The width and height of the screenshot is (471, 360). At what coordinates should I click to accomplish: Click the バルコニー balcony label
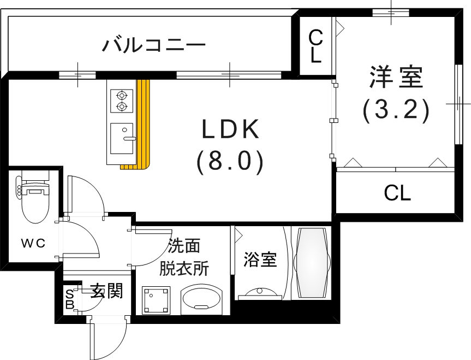click(x=154, y=44)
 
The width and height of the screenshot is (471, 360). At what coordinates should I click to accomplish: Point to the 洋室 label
click(x=396, y=77)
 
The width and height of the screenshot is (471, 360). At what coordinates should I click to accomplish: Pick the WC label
click(x=33, y=244)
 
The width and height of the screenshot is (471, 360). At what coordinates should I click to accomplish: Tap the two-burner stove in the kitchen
click(x=121, y=100)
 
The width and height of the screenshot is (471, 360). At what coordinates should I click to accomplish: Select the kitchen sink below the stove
click(x=122, y=138)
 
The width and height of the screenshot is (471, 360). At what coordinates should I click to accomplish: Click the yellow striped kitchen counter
click(x=142, y=126)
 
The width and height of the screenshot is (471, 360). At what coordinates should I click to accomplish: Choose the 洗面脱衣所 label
click(x=183, y=257)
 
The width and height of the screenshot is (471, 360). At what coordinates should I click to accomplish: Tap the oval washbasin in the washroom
click(x=201, y=299)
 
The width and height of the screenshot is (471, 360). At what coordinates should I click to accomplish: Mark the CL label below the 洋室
click(x=397, y=192)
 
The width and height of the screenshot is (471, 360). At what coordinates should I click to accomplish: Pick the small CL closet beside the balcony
click(x=315, y=46)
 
